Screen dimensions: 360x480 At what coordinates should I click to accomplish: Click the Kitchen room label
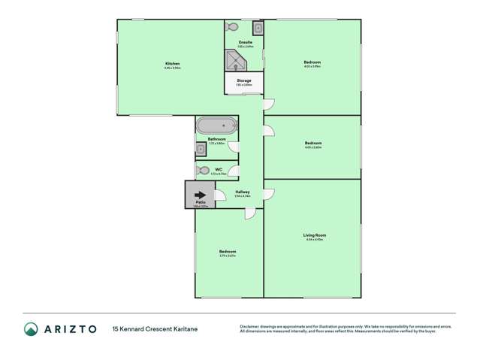pyautogui.click(x=173, y=64)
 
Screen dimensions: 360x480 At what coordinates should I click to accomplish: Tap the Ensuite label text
pyautogui.click(x=245, y=42)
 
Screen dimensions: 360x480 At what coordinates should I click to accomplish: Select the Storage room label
pyautogui.click(x=243, y=80)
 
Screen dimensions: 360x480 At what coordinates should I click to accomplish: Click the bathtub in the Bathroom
pyautogui.click(x=216, y=126)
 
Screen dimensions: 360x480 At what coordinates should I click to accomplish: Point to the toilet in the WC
pyautogui.click(x=202, y=171)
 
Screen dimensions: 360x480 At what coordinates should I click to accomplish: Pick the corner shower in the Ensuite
pyautogui.click(x=234, y=59)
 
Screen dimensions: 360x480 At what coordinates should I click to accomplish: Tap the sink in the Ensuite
pyautogui.click(x=257, y=29)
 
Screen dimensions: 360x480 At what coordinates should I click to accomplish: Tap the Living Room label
pyautogui.click(x=314, y=235)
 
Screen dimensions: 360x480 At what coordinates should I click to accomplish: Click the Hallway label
pyautogui.click(x=243, y=192)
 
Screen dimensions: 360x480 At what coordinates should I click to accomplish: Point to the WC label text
pyautogui.click(x=219, y=170)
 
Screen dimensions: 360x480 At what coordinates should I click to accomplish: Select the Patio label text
pyautogui.click(x=201, y=202)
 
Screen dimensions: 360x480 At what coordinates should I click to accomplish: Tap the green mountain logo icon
pyautogui.click(x=31, y=328)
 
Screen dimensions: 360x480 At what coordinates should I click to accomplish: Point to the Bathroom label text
pyautogui.click(x=217, y=139)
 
